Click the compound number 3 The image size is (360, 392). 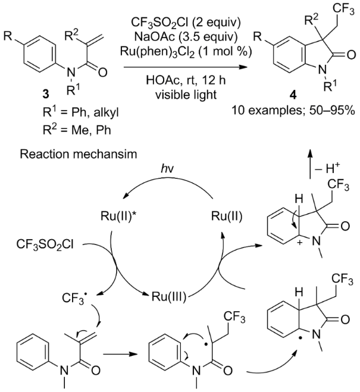pos(46,95)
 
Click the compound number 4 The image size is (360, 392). pos(293,96)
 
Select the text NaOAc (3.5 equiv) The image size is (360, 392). pos(186,37)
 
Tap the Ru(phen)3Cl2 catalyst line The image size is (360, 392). pos(186,52)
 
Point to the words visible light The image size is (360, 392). pos(186,95)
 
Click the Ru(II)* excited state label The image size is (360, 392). pos(121,217)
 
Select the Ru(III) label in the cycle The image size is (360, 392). pos(169,297)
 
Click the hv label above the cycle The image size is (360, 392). pos(167,169)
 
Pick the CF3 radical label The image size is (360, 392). pos(75,297)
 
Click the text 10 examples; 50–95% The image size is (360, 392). pos(293,110)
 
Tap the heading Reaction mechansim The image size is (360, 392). pos(79,154)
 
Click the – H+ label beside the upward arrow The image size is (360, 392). pos(327,169)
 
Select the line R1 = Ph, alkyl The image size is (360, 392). pos(80,112)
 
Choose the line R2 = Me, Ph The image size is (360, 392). pos(77,130)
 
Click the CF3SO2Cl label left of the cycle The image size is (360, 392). pos(45,244)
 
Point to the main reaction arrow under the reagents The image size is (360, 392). pos(185,67)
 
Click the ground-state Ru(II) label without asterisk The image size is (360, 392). pos(227,217)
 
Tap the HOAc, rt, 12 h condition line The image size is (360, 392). pos(186,80)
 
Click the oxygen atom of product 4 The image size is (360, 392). pos(351,55)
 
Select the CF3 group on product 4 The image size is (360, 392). pos(343,10)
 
